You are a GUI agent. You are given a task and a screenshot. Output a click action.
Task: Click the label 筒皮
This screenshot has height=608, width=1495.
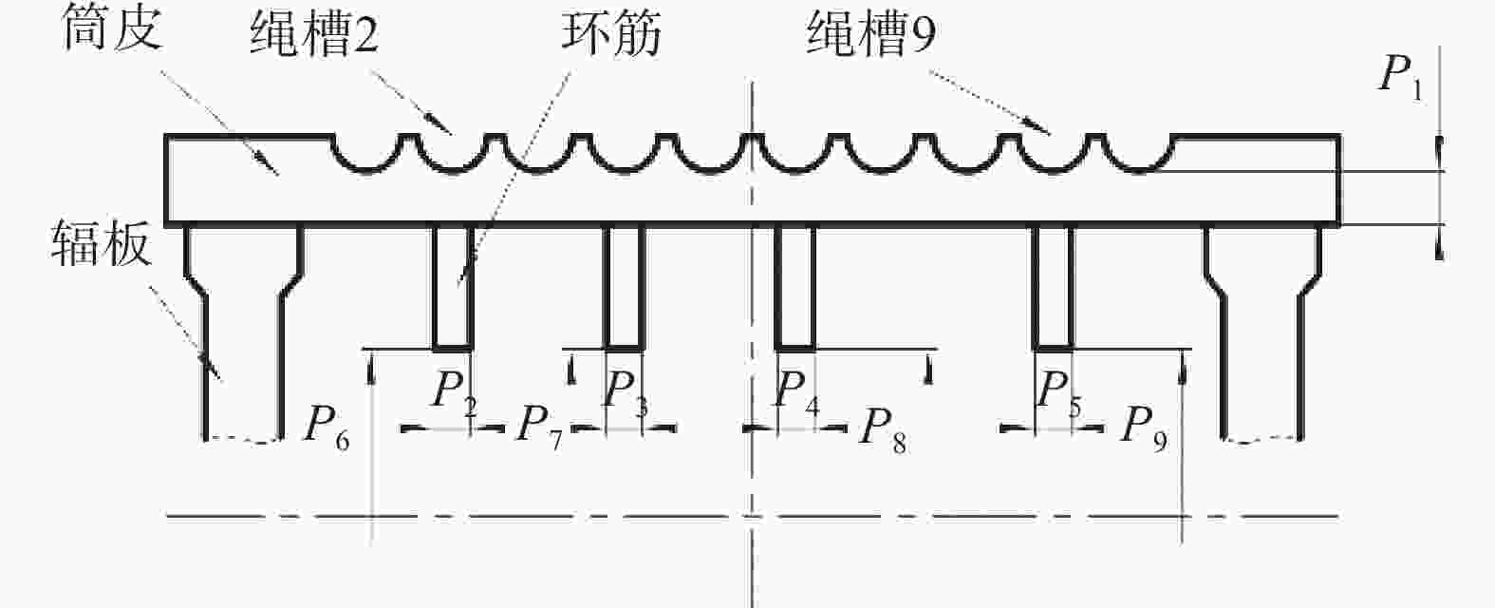click(113, 30)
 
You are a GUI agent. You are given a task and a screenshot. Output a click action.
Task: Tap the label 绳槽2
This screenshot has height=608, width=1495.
click(315, 34)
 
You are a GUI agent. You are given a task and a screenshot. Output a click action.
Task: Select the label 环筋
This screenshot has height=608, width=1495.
click(611, 33)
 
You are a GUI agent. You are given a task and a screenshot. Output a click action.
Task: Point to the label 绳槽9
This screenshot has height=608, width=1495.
click(871, 33)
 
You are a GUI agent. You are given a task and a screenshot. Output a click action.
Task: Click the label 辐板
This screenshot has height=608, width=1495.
click(101, 243)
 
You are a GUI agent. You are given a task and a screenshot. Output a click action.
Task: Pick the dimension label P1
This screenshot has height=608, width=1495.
click(1402, 77)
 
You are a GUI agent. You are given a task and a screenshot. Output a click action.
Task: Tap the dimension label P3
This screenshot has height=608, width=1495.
click(626, 393)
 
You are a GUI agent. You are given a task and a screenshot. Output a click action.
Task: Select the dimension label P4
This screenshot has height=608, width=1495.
click(796, 393)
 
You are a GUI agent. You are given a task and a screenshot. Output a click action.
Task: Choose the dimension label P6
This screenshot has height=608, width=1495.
click(327, 428)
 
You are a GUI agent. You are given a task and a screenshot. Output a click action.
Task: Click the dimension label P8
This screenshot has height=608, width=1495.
click(883, 428)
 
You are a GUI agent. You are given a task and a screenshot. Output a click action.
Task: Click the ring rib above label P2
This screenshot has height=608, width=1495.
click(454, 288)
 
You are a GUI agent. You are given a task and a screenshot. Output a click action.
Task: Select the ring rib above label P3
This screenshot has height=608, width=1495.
click(624, 288)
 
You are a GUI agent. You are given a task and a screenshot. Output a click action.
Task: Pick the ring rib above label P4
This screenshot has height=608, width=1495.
click(795, 288)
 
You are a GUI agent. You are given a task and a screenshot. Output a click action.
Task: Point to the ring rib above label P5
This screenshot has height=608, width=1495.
click(1054, 288)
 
